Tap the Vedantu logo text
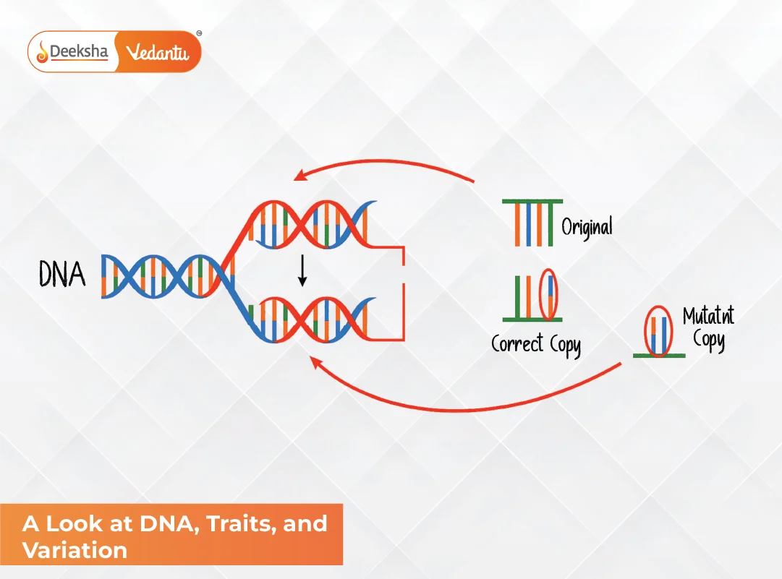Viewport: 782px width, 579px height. point(157,52)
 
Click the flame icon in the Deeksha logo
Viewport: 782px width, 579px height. point(43,51)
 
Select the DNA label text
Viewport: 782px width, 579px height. point(61,275)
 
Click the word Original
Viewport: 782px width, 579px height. point(587,226)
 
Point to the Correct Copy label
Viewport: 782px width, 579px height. point(535,343)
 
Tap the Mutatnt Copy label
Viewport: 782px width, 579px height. point(708,328)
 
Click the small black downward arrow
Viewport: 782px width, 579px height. point(302,272)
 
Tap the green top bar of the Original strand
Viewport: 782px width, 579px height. point(532,202)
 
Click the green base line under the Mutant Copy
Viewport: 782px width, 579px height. point(659,356)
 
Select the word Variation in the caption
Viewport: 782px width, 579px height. point(75,550)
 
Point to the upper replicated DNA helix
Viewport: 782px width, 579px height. point(311,223)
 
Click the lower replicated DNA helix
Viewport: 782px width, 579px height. point(311,318)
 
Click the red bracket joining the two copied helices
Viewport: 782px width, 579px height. point(401,292)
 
